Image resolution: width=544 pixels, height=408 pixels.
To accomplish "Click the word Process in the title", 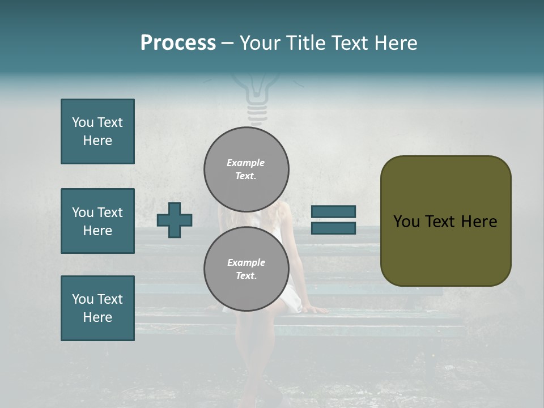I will (178, 43).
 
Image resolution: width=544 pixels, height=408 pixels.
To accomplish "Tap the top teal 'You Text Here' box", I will (97, 131).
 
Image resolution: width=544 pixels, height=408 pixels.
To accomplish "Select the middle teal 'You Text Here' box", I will (97, 221).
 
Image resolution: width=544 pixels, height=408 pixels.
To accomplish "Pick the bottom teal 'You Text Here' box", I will (97, 308).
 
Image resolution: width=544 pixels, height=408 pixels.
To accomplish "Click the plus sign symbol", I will (175, 220).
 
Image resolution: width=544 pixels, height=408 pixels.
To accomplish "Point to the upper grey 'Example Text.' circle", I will (246, 169).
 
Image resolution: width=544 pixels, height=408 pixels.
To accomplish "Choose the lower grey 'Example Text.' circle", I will (246, 269).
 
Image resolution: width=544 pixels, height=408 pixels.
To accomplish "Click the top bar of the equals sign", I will (333, 211).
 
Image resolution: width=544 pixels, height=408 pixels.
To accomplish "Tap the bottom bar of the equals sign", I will (333, 228).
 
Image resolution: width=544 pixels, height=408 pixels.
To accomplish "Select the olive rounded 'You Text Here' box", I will (445, 220).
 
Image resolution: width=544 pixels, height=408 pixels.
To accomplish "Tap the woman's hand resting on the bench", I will (318, 309).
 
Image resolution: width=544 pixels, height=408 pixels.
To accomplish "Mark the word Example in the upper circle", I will (246, 163).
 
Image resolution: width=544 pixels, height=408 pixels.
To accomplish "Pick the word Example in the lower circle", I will (246, 262).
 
